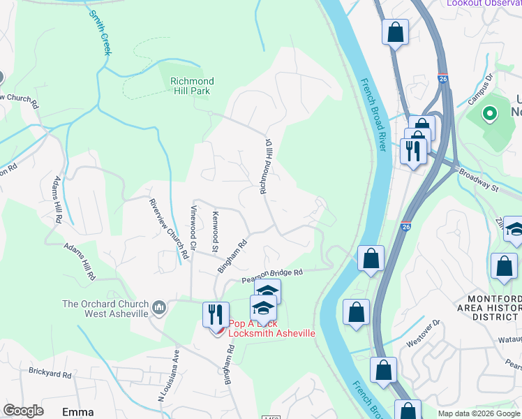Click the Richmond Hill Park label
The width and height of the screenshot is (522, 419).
click(192, 87)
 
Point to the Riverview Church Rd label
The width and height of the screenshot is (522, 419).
click(168, 229)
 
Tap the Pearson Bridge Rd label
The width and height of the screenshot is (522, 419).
click(273, 277)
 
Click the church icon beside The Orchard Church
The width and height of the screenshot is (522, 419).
click(159, 307)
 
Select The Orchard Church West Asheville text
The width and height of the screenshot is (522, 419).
click(105, 309)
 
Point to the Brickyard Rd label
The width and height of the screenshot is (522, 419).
click(50, 374)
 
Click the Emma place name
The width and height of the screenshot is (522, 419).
click(77, 412)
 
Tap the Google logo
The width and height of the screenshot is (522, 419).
click(23, 411)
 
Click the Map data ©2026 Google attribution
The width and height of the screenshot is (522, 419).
click(479, 413)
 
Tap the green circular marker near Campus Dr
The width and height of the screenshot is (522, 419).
click(490, 113)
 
